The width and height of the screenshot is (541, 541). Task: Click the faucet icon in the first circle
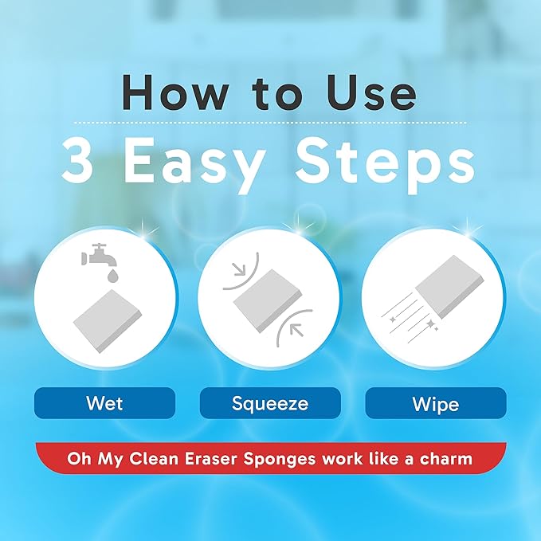(x=95, y=254)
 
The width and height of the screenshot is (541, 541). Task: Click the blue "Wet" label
(x=104, y=403)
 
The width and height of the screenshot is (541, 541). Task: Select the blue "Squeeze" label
(x=270, y=403)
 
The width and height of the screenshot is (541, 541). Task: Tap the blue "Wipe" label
(x=435, y=403)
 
